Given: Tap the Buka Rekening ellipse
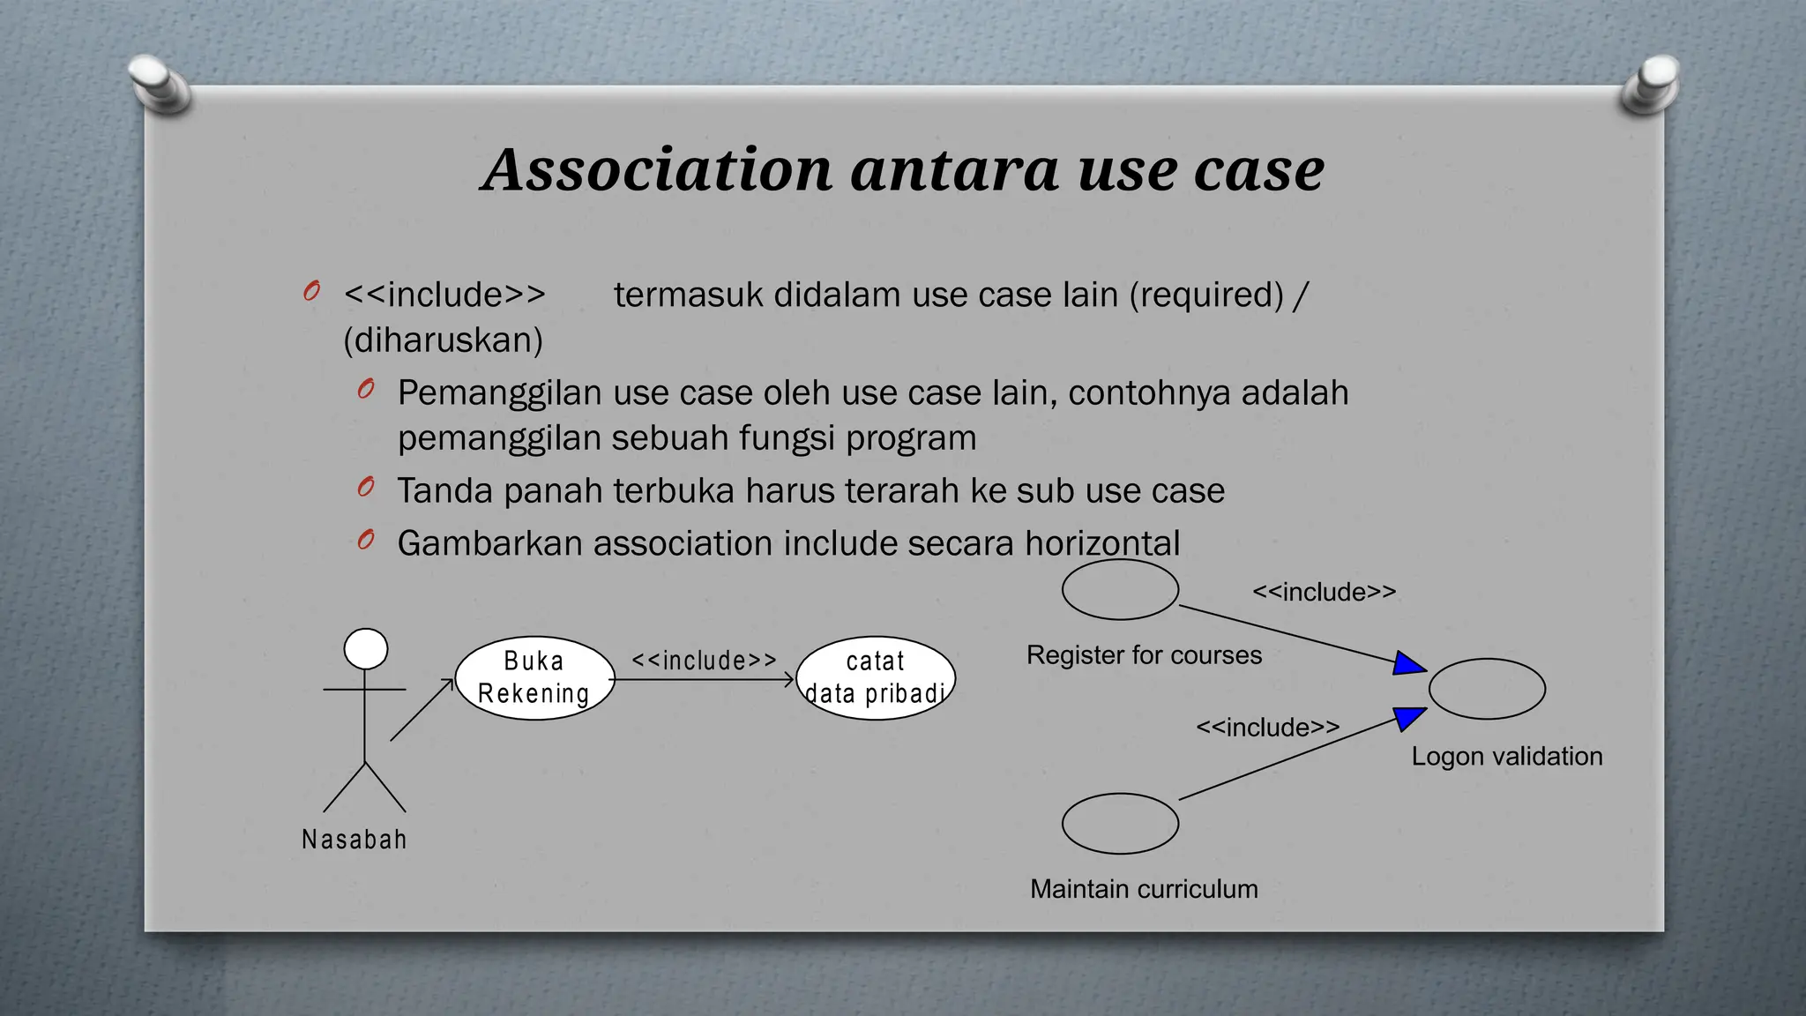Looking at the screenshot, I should tap(534, 678).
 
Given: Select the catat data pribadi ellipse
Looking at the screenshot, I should tap(875, 678).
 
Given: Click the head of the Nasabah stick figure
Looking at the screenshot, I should tap(365, 649).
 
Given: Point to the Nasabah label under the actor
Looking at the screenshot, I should tap(354, 840).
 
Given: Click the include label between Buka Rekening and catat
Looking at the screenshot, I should tap(704, 661).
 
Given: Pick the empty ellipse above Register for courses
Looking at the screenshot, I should tap(1120, 589).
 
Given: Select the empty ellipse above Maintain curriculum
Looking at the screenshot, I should tap(1120, 824).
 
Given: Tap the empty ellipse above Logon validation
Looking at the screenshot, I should tap(1487, 689).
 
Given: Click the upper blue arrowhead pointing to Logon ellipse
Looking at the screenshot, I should tap(1408, 663).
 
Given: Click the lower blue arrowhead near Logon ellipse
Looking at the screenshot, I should tap(1408, 718).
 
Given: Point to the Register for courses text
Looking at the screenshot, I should tap(1144, 655).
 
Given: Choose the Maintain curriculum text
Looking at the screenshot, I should tap(1144, 889).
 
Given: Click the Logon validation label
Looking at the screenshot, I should tap(1506, 757).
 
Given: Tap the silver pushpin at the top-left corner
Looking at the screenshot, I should tap(159, 85).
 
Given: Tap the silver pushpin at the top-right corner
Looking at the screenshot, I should tap(1650, 85).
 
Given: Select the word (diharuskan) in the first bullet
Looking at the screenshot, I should tap(443, 340).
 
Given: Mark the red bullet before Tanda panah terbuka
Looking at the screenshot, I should tap(366, 487).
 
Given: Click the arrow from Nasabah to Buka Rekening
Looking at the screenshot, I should tap(422, 710).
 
